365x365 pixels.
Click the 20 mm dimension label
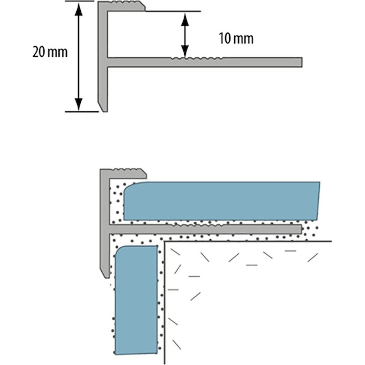point(50,52)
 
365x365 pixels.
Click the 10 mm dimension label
point(236,39)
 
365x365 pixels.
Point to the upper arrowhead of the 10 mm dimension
point(185,19)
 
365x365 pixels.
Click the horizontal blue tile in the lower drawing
point(222,201)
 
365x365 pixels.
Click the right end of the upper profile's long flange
point(302,62)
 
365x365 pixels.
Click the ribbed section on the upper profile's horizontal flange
point(196,58)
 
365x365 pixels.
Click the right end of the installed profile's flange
point(301,229)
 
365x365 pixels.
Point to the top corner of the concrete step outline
point(165,241)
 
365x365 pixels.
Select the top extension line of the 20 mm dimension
point(80,1)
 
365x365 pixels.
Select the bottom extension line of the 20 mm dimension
point(82,112)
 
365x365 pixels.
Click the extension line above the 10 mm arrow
point(173,11)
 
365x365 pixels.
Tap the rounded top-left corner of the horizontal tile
point(127,186)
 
